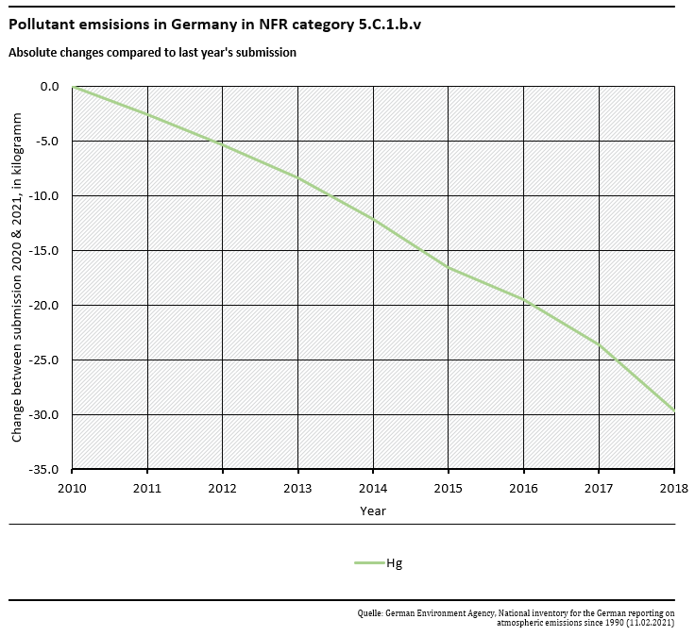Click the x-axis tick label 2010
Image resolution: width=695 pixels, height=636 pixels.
pos(72,488)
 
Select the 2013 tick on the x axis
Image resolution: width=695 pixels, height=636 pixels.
pos(297,488)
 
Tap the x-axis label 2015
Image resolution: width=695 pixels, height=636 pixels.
pos(449,488)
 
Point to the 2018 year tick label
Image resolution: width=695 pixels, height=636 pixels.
pos(673,488)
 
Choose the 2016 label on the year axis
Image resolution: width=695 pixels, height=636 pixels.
pos(523,488)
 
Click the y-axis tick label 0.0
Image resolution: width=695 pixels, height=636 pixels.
pos(50,87)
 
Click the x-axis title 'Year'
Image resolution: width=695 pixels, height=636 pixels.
pos(372,510)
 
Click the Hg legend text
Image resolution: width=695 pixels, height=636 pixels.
pos(394,563)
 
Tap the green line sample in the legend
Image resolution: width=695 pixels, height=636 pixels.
pos(368,563)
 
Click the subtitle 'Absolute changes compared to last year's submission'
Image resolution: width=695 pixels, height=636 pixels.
pos(152,53)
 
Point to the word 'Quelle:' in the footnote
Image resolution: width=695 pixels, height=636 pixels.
pos(369,612)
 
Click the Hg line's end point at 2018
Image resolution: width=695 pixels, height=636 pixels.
pos(673,410)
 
